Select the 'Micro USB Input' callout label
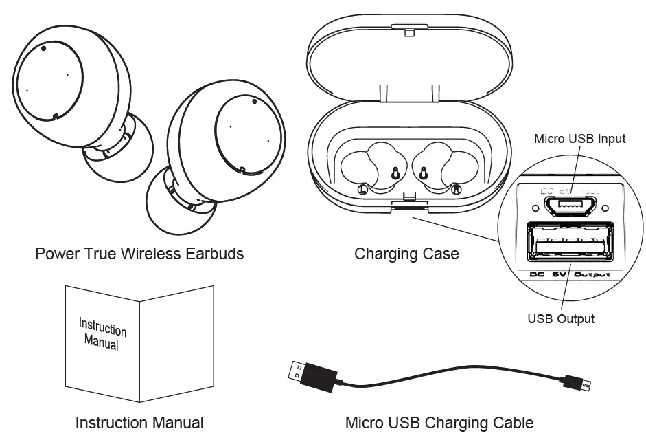pyautogui.click(x=580, y=139)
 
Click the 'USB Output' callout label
pyautogui.click(x=560, y=318)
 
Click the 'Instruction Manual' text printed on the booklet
pyautogui.click(x=102, y=333)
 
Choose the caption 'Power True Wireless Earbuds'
pyautogui.click(x=139, y=254)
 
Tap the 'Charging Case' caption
pyautogui.click(x=406, y=254)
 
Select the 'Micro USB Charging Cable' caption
pyautogui.click(x=439, y=422)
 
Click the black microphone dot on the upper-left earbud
pyautogui.click(x=44, y=48)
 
